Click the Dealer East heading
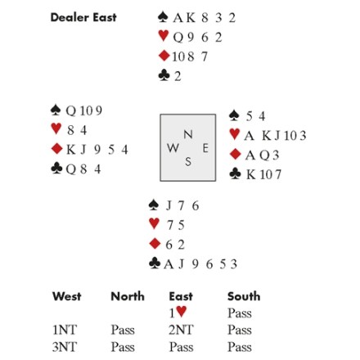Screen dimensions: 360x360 point(83,17)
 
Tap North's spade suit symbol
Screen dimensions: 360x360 point(163,17)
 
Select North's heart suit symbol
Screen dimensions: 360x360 point(164,36)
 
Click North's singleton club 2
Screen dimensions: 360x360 point(178,76)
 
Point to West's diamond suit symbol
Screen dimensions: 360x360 point(57,149)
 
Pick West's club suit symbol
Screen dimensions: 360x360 point(56,169)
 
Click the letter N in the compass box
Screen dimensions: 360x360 point(188,134)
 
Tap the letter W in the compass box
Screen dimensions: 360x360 point(173,148)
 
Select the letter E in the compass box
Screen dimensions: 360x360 point(205,148)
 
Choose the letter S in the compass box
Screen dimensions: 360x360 point(188,161)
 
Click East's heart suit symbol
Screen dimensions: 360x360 point(235,134)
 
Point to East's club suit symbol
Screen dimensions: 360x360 point(236,173)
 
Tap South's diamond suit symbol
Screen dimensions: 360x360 point(155,243)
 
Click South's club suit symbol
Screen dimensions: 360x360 point(155,263)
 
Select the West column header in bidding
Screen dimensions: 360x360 point(66,296)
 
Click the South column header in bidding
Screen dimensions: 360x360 point(244,296)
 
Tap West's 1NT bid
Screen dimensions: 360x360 point(65,330)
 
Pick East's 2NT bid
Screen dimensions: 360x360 point(181,330)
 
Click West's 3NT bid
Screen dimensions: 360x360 point(65,347)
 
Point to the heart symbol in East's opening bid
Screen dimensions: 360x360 point(182,311)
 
